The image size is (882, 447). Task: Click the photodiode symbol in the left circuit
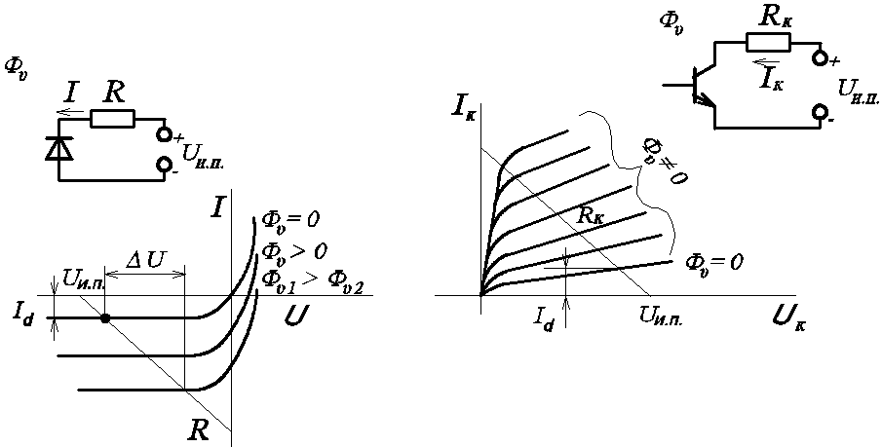(59, 149)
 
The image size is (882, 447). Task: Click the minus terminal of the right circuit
(821, 115)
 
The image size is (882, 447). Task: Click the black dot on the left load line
(105, 317)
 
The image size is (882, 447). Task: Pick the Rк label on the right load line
(591, 215)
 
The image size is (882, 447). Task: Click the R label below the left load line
(200, 430)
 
